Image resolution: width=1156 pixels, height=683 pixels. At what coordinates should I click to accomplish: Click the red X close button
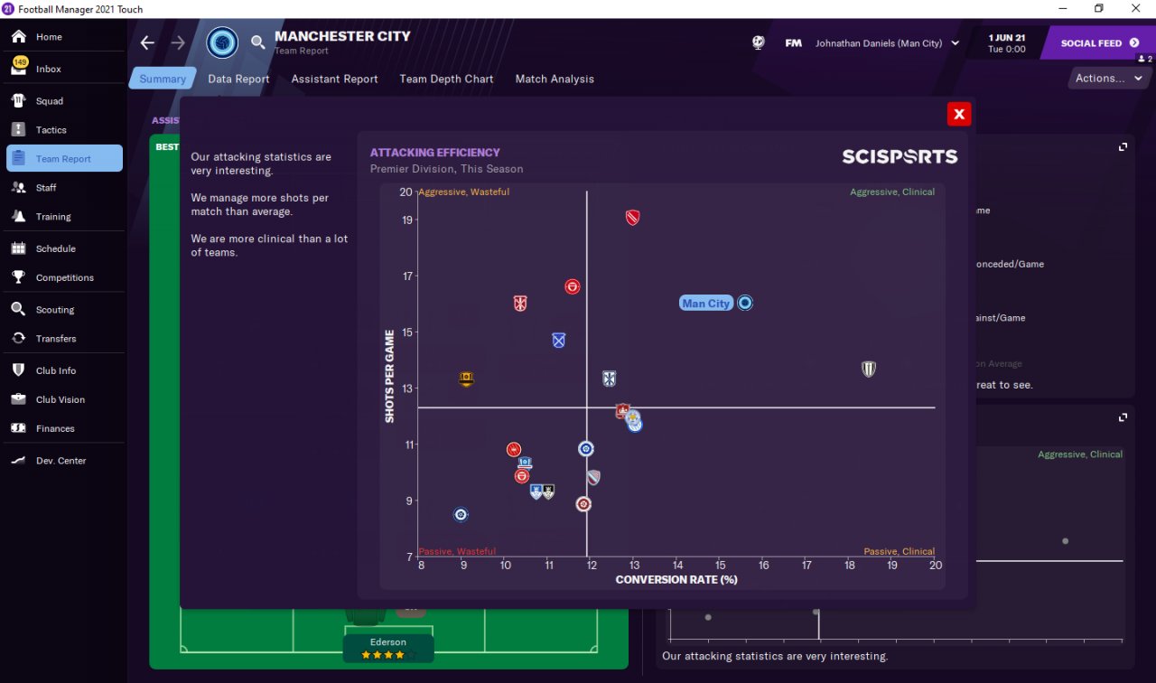959,114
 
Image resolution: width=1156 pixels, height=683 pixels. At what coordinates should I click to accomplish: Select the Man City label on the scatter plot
705,304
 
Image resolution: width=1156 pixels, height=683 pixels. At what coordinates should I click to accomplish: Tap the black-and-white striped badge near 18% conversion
868,369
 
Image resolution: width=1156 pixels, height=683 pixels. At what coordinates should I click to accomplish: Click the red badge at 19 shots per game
632,218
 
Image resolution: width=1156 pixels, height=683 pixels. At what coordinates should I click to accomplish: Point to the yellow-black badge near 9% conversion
466,379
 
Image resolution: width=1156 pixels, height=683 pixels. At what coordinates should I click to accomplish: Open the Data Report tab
238,79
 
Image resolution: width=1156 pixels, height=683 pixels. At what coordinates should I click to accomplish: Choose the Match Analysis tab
555,79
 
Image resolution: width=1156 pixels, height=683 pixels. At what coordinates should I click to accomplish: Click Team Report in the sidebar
63,159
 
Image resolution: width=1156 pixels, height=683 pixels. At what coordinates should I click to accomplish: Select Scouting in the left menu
55,310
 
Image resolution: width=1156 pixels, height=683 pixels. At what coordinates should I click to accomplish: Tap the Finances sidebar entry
55,429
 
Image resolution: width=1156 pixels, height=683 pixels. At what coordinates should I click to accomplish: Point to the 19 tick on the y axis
407,220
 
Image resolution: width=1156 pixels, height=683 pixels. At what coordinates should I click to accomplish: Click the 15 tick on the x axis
720,566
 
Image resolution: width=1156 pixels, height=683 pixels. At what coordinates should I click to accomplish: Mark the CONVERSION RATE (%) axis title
676,580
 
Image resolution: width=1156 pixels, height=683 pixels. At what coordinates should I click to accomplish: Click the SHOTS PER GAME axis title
390,376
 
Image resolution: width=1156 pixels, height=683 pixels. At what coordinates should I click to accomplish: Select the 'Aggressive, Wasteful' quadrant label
464,192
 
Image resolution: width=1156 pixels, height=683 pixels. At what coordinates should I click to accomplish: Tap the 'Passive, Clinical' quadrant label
899,551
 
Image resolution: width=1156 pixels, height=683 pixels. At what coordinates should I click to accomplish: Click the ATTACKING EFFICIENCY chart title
434,153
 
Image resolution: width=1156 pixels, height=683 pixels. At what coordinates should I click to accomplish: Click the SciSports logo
900,156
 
